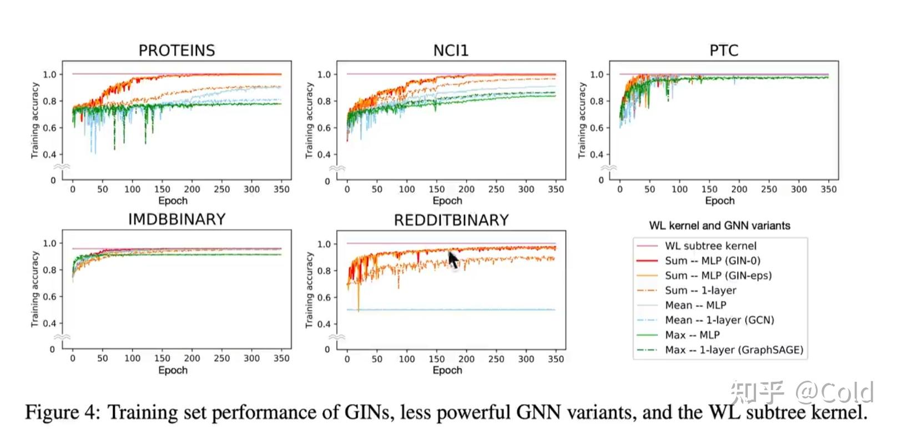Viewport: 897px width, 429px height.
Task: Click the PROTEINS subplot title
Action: pos(177,51)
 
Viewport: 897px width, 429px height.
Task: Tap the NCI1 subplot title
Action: pos(451,51)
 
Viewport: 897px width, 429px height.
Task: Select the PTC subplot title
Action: pos(724,51)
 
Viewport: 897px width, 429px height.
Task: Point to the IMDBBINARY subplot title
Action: pos(177,220)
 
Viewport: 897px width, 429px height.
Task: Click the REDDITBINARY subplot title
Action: pos(451,221)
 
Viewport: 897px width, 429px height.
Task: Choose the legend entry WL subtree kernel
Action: pos(710,246)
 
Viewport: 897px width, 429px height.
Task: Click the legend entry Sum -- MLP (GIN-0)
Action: pos(712,261)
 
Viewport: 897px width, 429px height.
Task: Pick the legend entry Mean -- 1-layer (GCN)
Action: pos(719,320)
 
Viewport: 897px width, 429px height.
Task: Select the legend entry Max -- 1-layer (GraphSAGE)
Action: pos(734,350)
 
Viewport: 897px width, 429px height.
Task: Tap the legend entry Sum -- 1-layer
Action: pos(701,290)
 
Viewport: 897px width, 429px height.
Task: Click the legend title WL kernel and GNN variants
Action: pos(719,226)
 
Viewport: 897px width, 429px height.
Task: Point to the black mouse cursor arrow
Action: pos(453,259)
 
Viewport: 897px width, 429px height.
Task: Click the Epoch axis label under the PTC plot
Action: pos(720,201)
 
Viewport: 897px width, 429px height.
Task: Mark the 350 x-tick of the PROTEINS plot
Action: pos(281,189)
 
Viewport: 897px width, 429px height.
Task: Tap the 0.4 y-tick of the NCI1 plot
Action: pos(324,154)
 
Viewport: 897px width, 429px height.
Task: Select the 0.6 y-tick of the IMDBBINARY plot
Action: pos(49,297)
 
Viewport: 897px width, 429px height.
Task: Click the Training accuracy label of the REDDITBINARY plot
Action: pos(309,290)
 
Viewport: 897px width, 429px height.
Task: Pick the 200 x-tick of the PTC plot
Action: pos(739,189)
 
